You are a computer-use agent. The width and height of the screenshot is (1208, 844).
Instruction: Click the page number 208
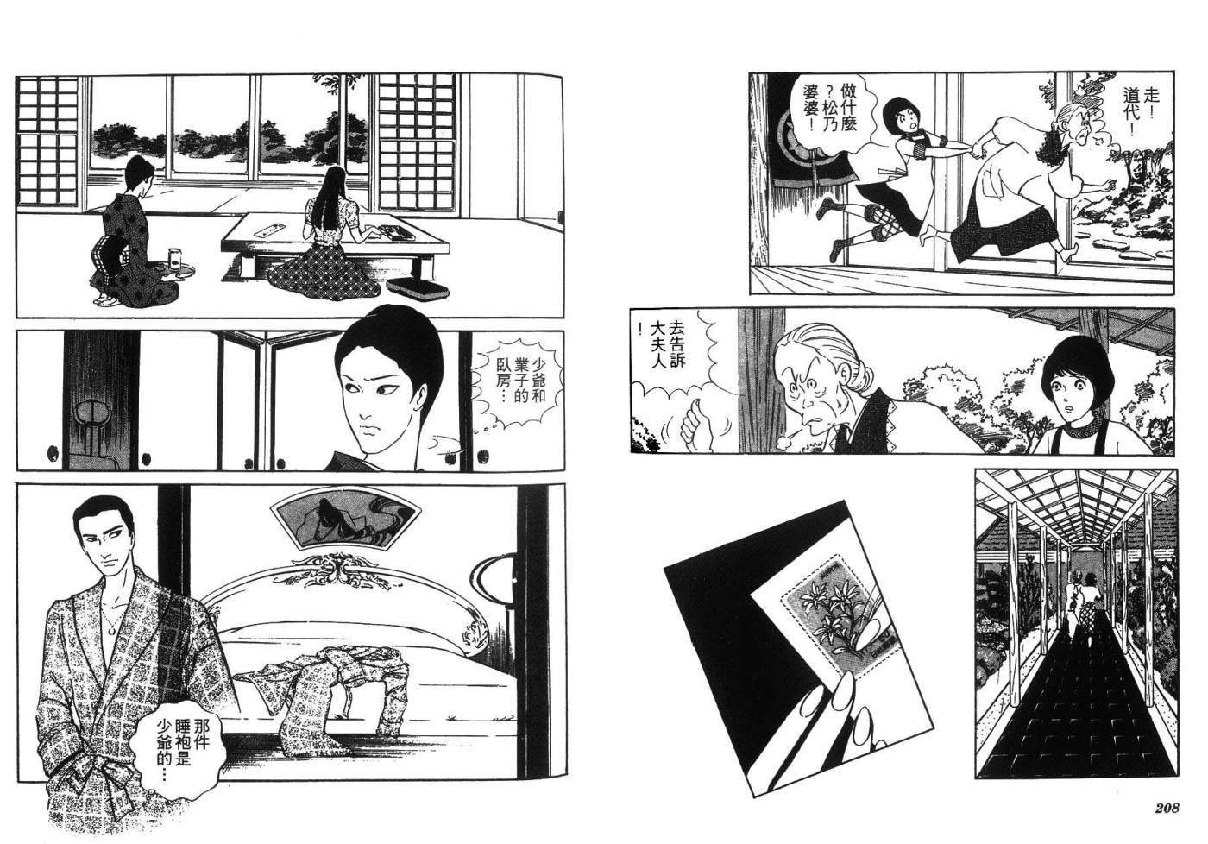(1167, 808)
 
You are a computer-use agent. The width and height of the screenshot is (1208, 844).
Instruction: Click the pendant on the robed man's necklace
(111, 629)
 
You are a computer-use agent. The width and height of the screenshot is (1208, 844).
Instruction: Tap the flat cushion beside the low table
(417, 288)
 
